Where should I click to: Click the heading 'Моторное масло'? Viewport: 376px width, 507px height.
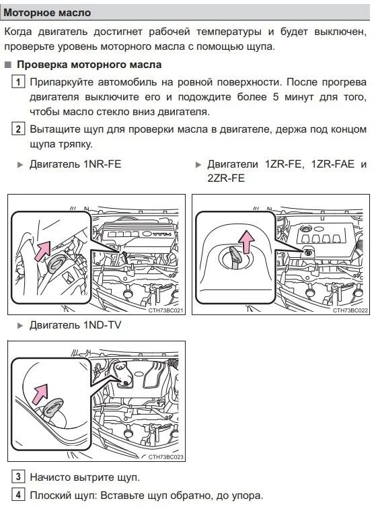click(47, 13)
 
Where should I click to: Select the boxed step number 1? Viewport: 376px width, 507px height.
click(18, 81)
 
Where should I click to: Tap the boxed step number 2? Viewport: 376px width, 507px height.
click(18, 129)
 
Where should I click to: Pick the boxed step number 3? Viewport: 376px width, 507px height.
click(18, 477)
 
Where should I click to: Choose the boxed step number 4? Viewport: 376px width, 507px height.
click(18, 495)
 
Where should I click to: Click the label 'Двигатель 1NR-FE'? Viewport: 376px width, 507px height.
click(75, 164)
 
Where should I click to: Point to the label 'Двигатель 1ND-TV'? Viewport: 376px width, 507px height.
click(75, 325)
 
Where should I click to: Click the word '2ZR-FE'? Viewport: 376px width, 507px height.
click(226, 178)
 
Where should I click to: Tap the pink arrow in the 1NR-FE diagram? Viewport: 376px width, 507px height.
click(43, 250)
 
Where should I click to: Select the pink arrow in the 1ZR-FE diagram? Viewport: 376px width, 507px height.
click(246, 242)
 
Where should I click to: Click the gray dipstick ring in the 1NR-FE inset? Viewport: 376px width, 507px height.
click(57, 264)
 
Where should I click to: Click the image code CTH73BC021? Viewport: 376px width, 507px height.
click(165, 310)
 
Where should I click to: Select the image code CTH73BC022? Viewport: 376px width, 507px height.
click(350, 310)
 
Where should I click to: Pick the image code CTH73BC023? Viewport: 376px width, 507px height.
click(165, 457)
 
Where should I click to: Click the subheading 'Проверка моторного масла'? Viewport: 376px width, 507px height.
click(89, 65)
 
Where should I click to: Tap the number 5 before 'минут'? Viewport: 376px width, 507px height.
click(276, 97)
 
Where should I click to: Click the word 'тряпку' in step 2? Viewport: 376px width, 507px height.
click(75, 144)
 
